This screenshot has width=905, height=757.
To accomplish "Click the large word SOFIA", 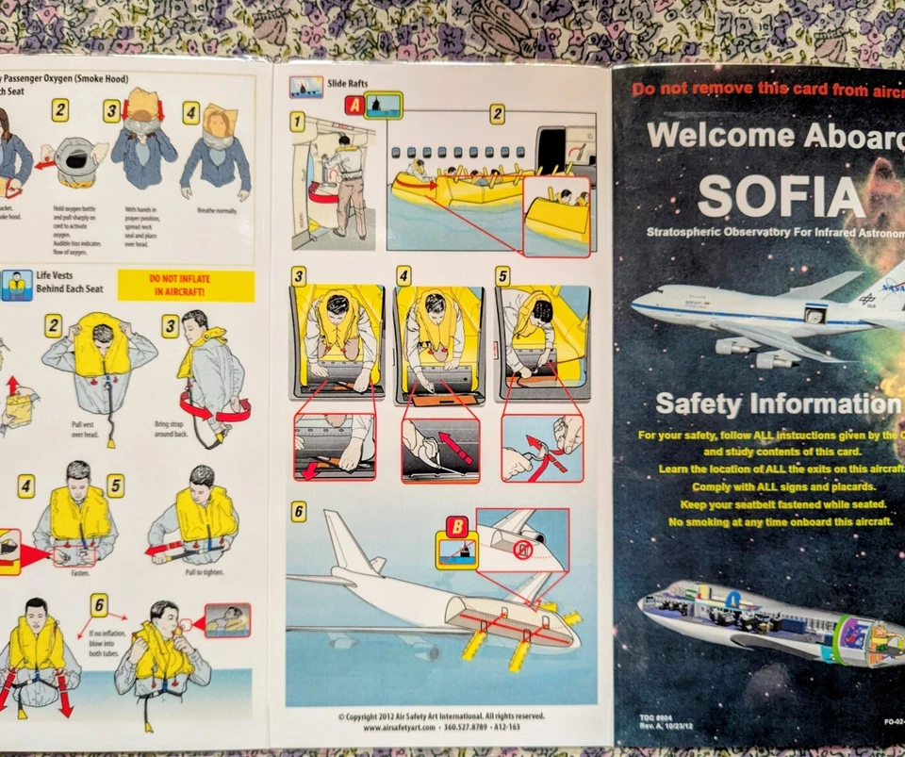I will (781, 196).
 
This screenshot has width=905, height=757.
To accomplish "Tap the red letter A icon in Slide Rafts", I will (354, 106).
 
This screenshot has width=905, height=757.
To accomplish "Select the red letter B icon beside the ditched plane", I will (456, 526).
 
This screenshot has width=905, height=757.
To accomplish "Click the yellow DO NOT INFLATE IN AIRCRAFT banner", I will (186, 286).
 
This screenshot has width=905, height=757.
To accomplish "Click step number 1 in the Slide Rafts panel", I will (297, 121).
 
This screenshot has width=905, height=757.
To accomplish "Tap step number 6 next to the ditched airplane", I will (298, 511).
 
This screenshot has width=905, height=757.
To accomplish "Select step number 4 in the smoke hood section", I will (191, 113).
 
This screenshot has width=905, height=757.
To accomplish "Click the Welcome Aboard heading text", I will (773, 135).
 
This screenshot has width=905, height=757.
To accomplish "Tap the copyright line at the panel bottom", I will (441, 716).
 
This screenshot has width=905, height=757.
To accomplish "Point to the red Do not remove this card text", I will (765, 89).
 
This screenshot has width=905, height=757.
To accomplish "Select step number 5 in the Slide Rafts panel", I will (502, 276).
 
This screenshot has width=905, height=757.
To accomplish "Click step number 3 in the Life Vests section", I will (170, 326).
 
